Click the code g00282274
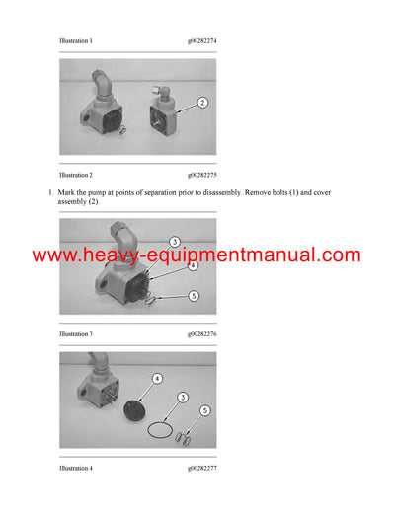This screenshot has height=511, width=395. point(201,41)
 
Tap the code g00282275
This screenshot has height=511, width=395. point(201,175)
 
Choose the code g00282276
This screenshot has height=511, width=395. point(201,334)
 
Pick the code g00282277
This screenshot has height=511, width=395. point(201,467)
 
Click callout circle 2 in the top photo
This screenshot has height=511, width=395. point(202,103)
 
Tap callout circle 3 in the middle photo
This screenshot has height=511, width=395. point(173,242)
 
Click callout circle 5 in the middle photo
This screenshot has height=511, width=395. point(193,295)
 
